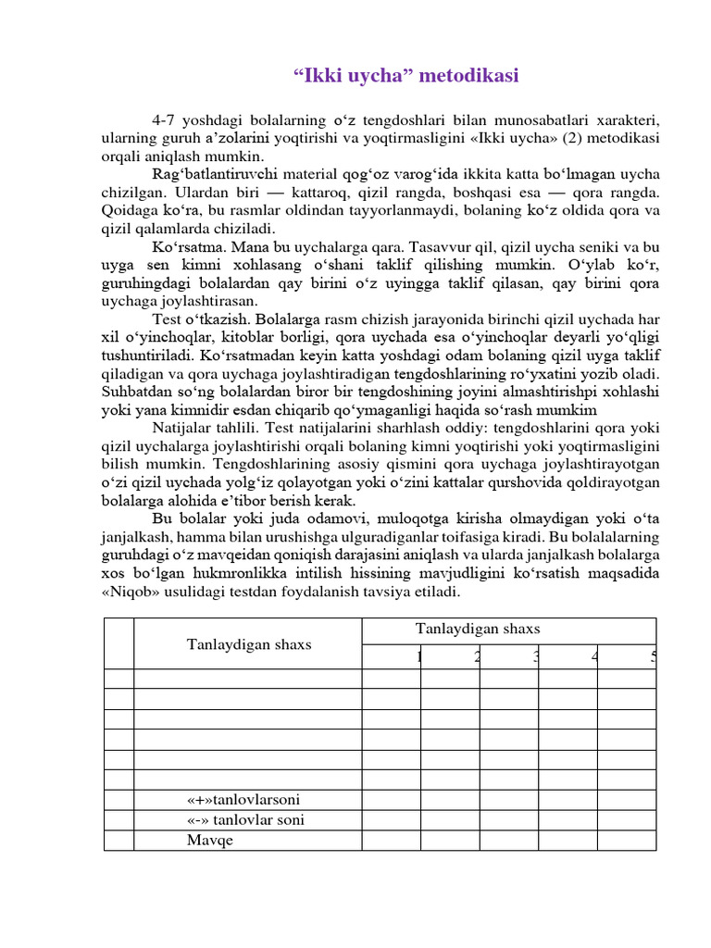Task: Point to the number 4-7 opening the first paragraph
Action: (164, 121)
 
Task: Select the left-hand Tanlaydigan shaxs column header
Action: (249, 644)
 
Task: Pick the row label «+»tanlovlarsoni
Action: (243, 800)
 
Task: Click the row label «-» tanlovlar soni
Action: (245, 820)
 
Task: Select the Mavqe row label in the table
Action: (210, 841)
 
